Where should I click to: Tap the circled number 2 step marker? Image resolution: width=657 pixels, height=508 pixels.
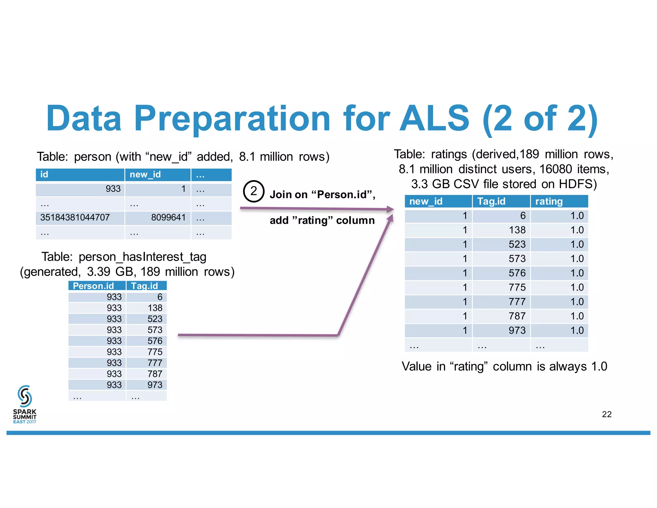pyautogui.click(x=253, y=191)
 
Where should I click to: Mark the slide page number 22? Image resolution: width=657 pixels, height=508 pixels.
pyautogui.click(x=607, y=414)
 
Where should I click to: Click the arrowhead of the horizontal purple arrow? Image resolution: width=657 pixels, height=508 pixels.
pyautogui.click(x=390, y=209)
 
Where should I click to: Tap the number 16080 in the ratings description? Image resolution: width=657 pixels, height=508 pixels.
pyautogui.click(x=556, y=169)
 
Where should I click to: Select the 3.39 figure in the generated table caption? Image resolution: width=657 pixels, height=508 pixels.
pyautogui.click(x=98, y=272)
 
